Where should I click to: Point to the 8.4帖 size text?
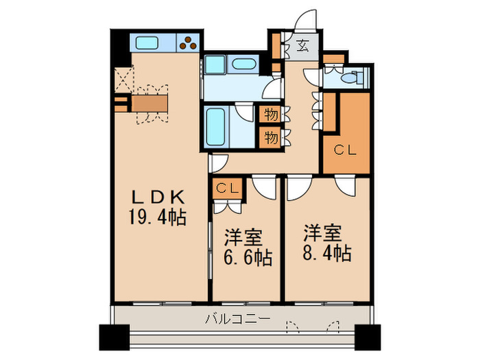tap(328, 253)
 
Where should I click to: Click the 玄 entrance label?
tap(302, 47)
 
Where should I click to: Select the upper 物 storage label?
tap(271, 115)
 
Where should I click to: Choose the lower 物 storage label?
tap(271, 138)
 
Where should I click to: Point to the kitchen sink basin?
tap(147, 43)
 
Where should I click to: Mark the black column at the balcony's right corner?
tap(365, 335)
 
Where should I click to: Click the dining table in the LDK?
tap(149, 103)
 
